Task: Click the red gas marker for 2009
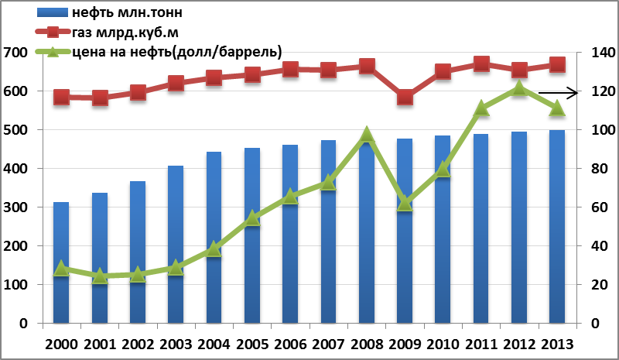pyautogui.click(x=405, y=98)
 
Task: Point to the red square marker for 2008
pyautogui.click(x=367, y=67)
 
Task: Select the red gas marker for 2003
pyautogui.click(x=176, y=83)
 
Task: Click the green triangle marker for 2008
pyautogui.click(x=367, y=135)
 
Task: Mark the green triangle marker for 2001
pyautogui.click(x=99, y=276)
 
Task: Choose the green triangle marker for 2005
pyautogui.click(x=252, y=218)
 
